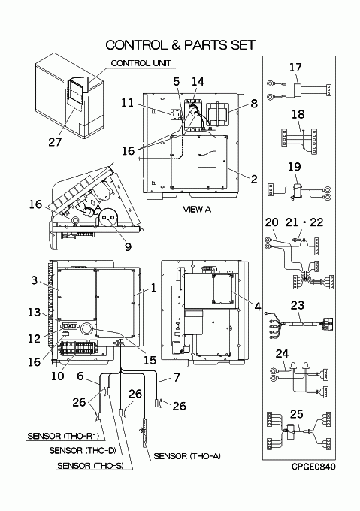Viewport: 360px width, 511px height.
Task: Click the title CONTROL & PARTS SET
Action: [x=180, y=45]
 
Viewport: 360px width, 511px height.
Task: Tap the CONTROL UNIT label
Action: [x=141, y=63]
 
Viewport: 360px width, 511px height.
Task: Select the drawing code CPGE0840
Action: [x=313, y=467]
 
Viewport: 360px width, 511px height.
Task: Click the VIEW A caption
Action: [x=197, y=209]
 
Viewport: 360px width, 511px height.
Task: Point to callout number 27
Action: [x=55, y=142]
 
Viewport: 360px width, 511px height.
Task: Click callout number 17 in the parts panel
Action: [x=295, y=68]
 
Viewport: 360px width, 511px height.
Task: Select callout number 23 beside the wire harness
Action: [x=298, y=305]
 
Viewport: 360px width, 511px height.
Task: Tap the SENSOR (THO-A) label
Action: [x=187, y=456]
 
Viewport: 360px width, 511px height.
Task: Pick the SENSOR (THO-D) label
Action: [x=83, y=450]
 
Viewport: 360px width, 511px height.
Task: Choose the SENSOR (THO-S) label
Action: [x=90, y=466]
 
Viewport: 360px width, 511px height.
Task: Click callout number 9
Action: [x=129, y=246]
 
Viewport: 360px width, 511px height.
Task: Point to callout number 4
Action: [x=258, y=307]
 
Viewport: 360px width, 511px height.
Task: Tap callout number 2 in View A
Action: [x=254, y=179]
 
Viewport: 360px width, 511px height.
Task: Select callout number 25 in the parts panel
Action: [x=296, y=414]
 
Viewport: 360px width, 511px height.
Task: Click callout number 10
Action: [x=58, y=376]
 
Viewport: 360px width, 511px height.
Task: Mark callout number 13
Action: [x=35, y=312]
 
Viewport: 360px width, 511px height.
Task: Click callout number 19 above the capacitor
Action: [x=294, y=167]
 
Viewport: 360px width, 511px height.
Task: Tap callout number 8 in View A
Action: [x=254, y=103]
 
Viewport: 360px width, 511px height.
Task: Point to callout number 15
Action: [x=150, y=360]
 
